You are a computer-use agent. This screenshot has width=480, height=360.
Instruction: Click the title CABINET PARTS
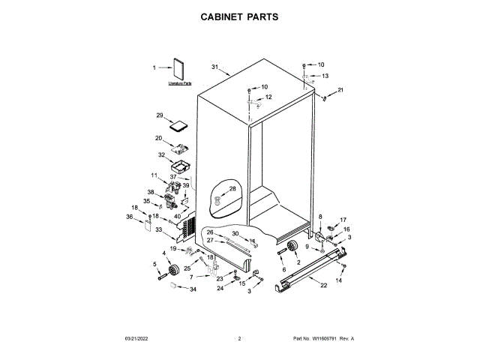click(239, 16)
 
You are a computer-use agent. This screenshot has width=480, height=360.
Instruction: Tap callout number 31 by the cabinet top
click(214, 67)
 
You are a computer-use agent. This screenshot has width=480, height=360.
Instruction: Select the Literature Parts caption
click(179, 85)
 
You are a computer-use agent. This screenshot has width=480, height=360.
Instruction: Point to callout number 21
click(340, 90)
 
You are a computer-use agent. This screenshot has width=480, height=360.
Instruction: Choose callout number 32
click(161, 155)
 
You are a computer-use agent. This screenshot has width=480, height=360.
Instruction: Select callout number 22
click(323, 286)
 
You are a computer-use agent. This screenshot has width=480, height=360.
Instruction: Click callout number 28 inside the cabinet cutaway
click(232, 188)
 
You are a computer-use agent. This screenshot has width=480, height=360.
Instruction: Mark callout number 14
click(338, 280)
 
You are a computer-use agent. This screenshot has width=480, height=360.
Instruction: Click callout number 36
click(130, 217)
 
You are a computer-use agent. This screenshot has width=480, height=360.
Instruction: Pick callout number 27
click(211, 240)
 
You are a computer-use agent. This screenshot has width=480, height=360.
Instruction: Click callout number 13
click(325, 76)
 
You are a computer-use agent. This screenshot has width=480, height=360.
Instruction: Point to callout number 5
click(155, 263)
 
